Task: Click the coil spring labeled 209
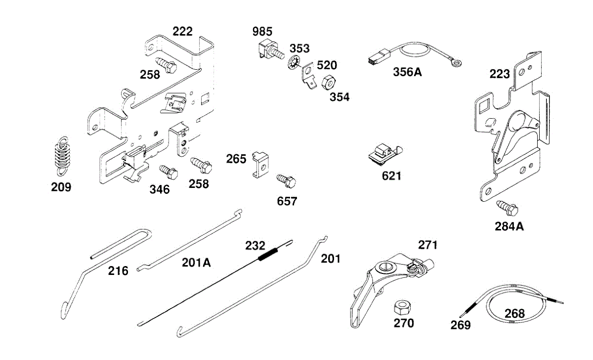(x=61, y=155)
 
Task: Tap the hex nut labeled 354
(x=327, y=82)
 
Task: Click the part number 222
(x=183, y=31)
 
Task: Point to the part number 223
(x=500, y=74)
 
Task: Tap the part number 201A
(x=196, y=263)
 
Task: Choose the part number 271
(x=428, y=245)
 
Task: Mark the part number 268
(x=514, y=313)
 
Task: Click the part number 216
(x=119, y=270)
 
